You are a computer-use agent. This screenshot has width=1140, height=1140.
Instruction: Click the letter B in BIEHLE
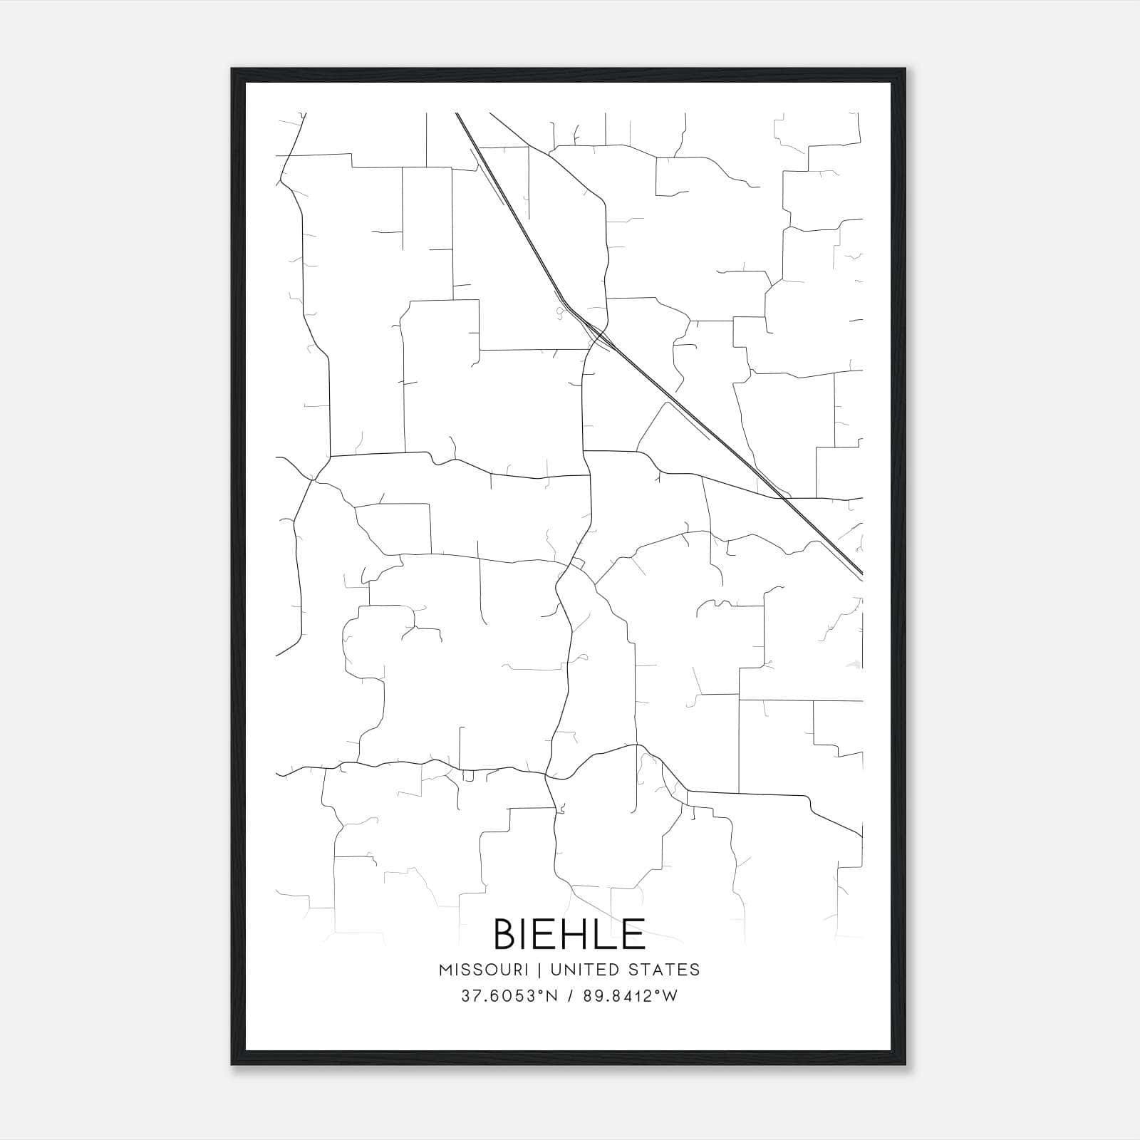click(507, 934)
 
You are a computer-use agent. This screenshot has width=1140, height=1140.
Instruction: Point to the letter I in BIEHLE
click(527, 934)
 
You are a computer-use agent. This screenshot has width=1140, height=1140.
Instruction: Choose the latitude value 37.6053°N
click(507, 996)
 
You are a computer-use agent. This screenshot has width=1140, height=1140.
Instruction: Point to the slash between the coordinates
click(569, 996)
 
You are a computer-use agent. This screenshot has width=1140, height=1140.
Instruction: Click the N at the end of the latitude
click(551, 996)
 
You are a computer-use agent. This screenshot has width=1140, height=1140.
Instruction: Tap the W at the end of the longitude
click(670, 996)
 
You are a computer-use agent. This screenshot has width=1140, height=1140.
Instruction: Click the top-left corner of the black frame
click(232, 69)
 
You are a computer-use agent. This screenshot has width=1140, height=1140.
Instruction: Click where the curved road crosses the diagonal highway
click(600, 334)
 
